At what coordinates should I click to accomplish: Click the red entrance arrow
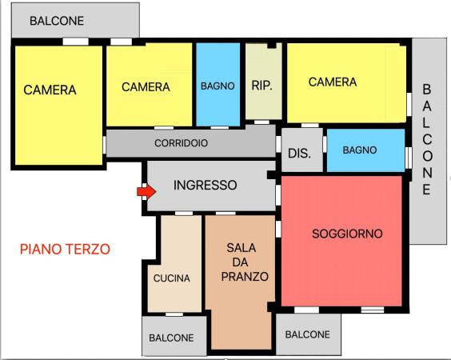pyautogui.click(x=146, y=192)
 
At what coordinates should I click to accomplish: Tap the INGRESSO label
pyautogui.click(x=206, y=185)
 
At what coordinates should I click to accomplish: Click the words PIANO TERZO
pyautogui.click(x=65, y=250)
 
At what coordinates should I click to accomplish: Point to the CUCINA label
pyautogui.click(x=172, y=278)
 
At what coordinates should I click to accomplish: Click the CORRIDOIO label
pyautogui.click(x=182, y=143)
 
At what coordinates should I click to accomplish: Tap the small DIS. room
pyautogui.click(x=299, y=153)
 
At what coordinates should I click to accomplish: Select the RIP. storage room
pyautogui.click(x=262, y=86)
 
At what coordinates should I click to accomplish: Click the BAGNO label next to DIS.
pyautogui.click(x=360, y=150)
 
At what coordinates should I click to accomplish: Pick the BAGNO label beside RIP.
pyautogui.click(x=218, y=86)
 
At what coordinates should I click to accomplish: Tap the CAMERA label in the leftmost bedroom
pyautogui.click(x=50, y=90)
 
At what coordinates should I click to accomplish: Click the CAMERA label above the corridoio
pyautogui.click(x=146, y=86)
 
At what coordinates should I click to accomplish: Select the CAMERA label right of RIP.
pyautogui.click(x=332, y=82)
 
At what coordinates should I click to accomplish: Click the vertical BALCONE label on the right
pyautogui.click(x=427, y=139)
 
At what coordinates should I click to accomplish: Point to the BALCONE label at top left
pyautogui.click(x=57, y=21)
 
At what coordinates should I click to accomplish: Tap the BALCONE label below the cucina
pyautogui.click(x=171, y=338)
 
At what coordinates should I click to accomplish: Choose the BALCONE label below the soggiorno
pyautogui.click(x=307, y=334)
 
